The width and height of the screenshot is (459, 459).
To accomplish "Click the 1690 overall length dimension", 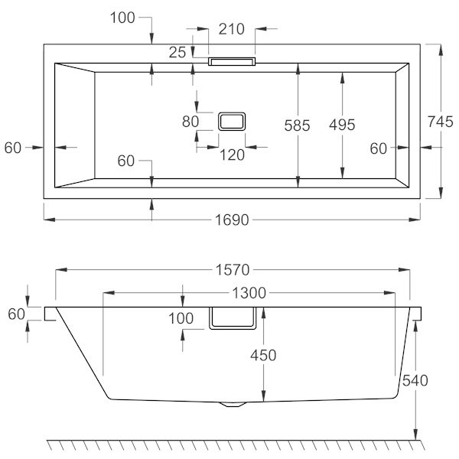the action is [x=232, y=220].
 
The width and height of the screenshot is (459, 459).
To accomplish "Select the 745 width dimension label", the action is [x=441, y=122].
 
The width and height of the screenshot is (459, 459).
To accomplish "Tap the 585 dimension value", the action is [x=297, y=125].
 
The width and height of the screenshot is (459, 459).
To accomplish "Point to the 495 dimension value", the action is [x=342, y=125].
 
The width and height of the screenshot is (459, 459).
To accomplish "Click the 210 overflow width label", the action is [x=232, y=29].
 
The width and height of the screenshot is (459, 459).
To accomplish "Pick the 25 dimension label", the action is [x=177, y=53].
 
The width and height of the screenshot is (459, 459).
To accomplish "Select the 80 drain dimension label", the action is [x=190, y=122].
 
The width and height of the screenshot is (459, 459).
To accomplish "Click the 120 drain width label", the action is [x=232, y=155].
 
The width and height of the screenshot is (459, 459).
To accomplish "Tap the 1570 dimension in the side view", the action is [x=233, y=270].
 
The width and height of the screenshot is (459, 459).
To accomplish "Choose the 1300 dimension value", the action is [x=249, y=293].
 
